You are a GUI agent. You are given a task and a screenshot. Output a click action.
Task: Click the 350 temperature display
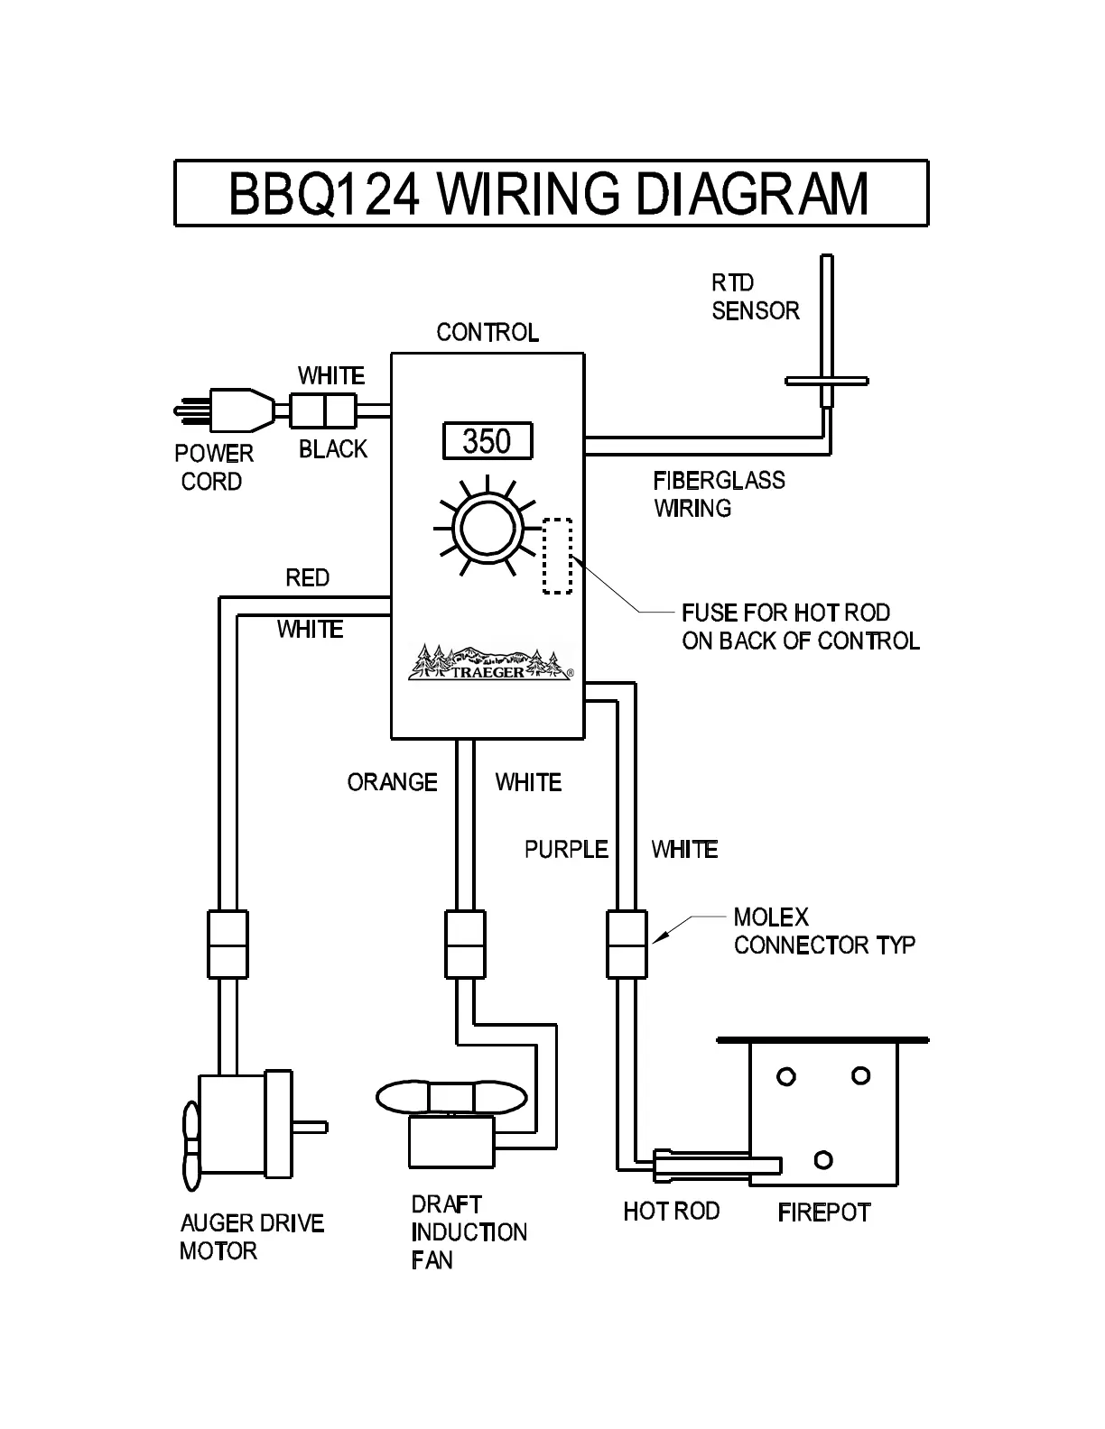[487, 441]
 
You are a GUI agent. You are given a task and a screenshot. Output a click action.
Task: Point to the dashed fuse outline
[557, 556]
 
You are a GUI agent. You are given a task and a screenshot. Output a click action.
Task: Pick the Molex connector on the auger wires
[227, 944]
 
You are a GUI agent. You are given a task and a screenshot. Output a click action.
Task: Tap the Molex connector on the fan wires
[465, 944]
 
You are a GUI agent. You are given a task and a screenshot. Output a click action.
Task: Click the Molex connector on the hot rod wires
[627, 944]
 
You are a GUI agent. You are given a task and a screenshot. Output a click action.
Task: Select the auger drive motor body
[232, 1126]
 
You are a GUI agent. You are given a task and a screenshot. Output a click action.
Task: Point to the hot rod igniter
[713, 1165]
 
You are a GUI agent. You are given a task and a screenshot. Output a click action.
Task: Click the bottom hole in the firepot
[822, 1159]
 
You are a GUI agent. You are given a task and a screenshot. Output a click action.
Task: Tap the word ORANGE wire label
[392, 782]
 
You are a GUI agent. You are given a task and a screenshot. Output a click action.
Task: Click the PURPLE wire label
[566, 849]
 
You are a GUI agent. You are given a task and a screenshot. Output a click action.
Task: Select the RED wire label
[307, 577]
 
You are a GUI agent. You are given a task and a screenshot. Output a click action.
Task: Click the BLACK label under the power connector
[333, 449]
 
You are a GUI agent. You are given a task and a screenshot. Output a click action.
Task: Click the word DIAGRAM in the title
[752, 193]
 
